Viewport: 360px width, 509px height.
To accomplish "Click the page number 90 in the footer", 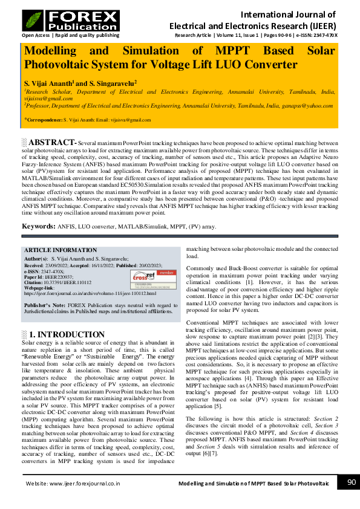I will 350,482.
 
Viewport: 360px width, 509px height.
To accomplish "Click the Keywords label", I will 39,226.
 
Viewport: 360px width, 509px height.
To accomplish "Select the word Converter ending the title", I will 266,64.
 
